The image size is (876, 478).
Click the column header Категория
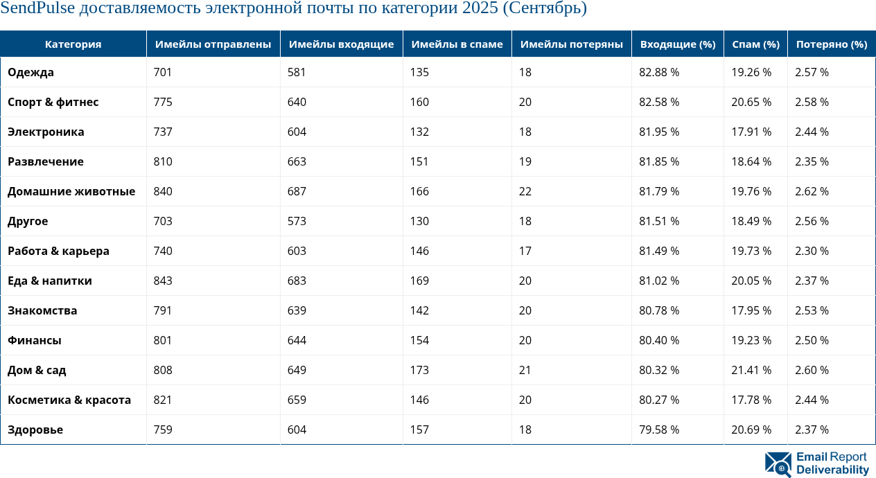coord(73,44)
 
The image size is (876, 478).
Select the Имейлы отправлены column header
coord(213,44)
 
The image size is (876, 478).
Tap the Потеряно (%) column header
coord(831,44)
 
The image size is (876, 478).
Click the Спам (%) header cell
coord(755,44)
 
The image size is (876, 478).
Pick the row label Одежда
coord(30,72)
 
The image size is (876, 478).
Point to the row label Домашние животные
coord(71,191)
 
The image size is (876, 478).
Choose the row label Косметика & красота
coord(69,400)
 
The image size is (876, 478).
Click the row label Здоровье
coord(35,430)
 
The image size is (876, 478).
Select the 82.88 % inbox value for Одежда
coord(658,72)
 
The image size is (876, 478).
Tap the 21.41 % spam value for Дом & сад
coord(751,370)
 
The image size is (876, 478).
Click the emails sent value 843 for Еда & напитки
coord(163,281)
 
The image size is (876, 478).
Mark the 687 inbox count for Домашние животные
coord(297,191)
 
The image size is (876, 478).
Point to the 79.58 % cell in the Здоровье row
coord(658,430)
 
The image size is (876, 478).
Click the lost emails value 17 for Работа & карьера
coord(525,251)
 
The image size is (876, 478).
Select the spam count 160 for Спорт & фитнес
coord(419,102)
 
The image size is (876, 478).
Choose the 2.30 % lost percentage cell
coord(812,251)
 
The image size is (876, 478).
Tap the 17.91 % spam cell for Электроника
coord(751,132)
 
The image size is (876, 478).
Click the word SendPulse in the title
coord(37,9)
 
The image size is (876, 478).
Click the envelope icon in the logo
coord(778,464)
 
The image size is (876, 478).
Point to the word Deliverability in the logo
coord(832,470)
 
